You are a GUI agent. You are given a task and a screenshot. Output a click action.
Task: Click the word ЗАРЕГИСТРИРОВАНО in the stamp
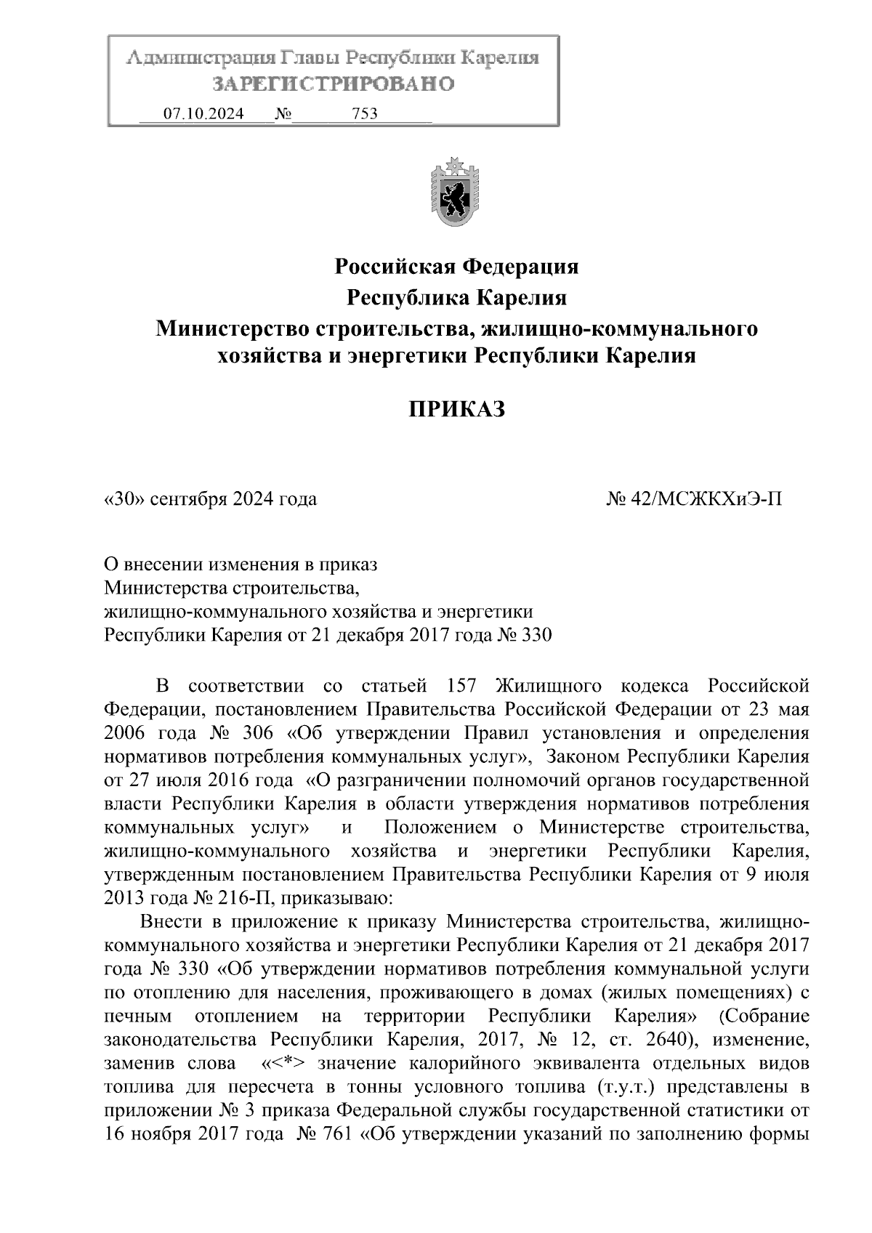[x=333, y=84]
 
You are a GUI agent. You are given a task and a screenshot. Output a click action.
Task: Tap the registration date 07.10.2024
[x=203, y=113]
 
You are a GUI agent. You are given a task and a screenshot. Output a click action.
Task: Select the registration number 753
[x=364, y=113]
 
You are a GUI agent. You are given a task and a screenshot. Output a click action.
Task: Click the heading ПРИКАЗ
[x=456, y=411]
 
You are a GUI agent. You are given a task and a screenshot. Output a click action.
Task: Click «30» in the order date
[x=126, y=500]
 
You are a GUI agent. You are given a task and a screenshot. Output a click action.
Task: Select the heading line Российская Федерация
[x=456, y=267]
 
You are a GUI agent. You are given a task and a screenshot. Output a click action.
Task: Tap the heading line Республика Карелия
[x=456, y=298]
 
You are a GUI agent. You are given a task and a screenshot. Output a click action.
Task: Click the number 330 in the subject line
[x=537, y=635]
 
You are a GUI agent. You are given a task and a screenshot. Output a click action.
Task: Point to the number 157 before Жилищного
[x=457, y=685]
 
